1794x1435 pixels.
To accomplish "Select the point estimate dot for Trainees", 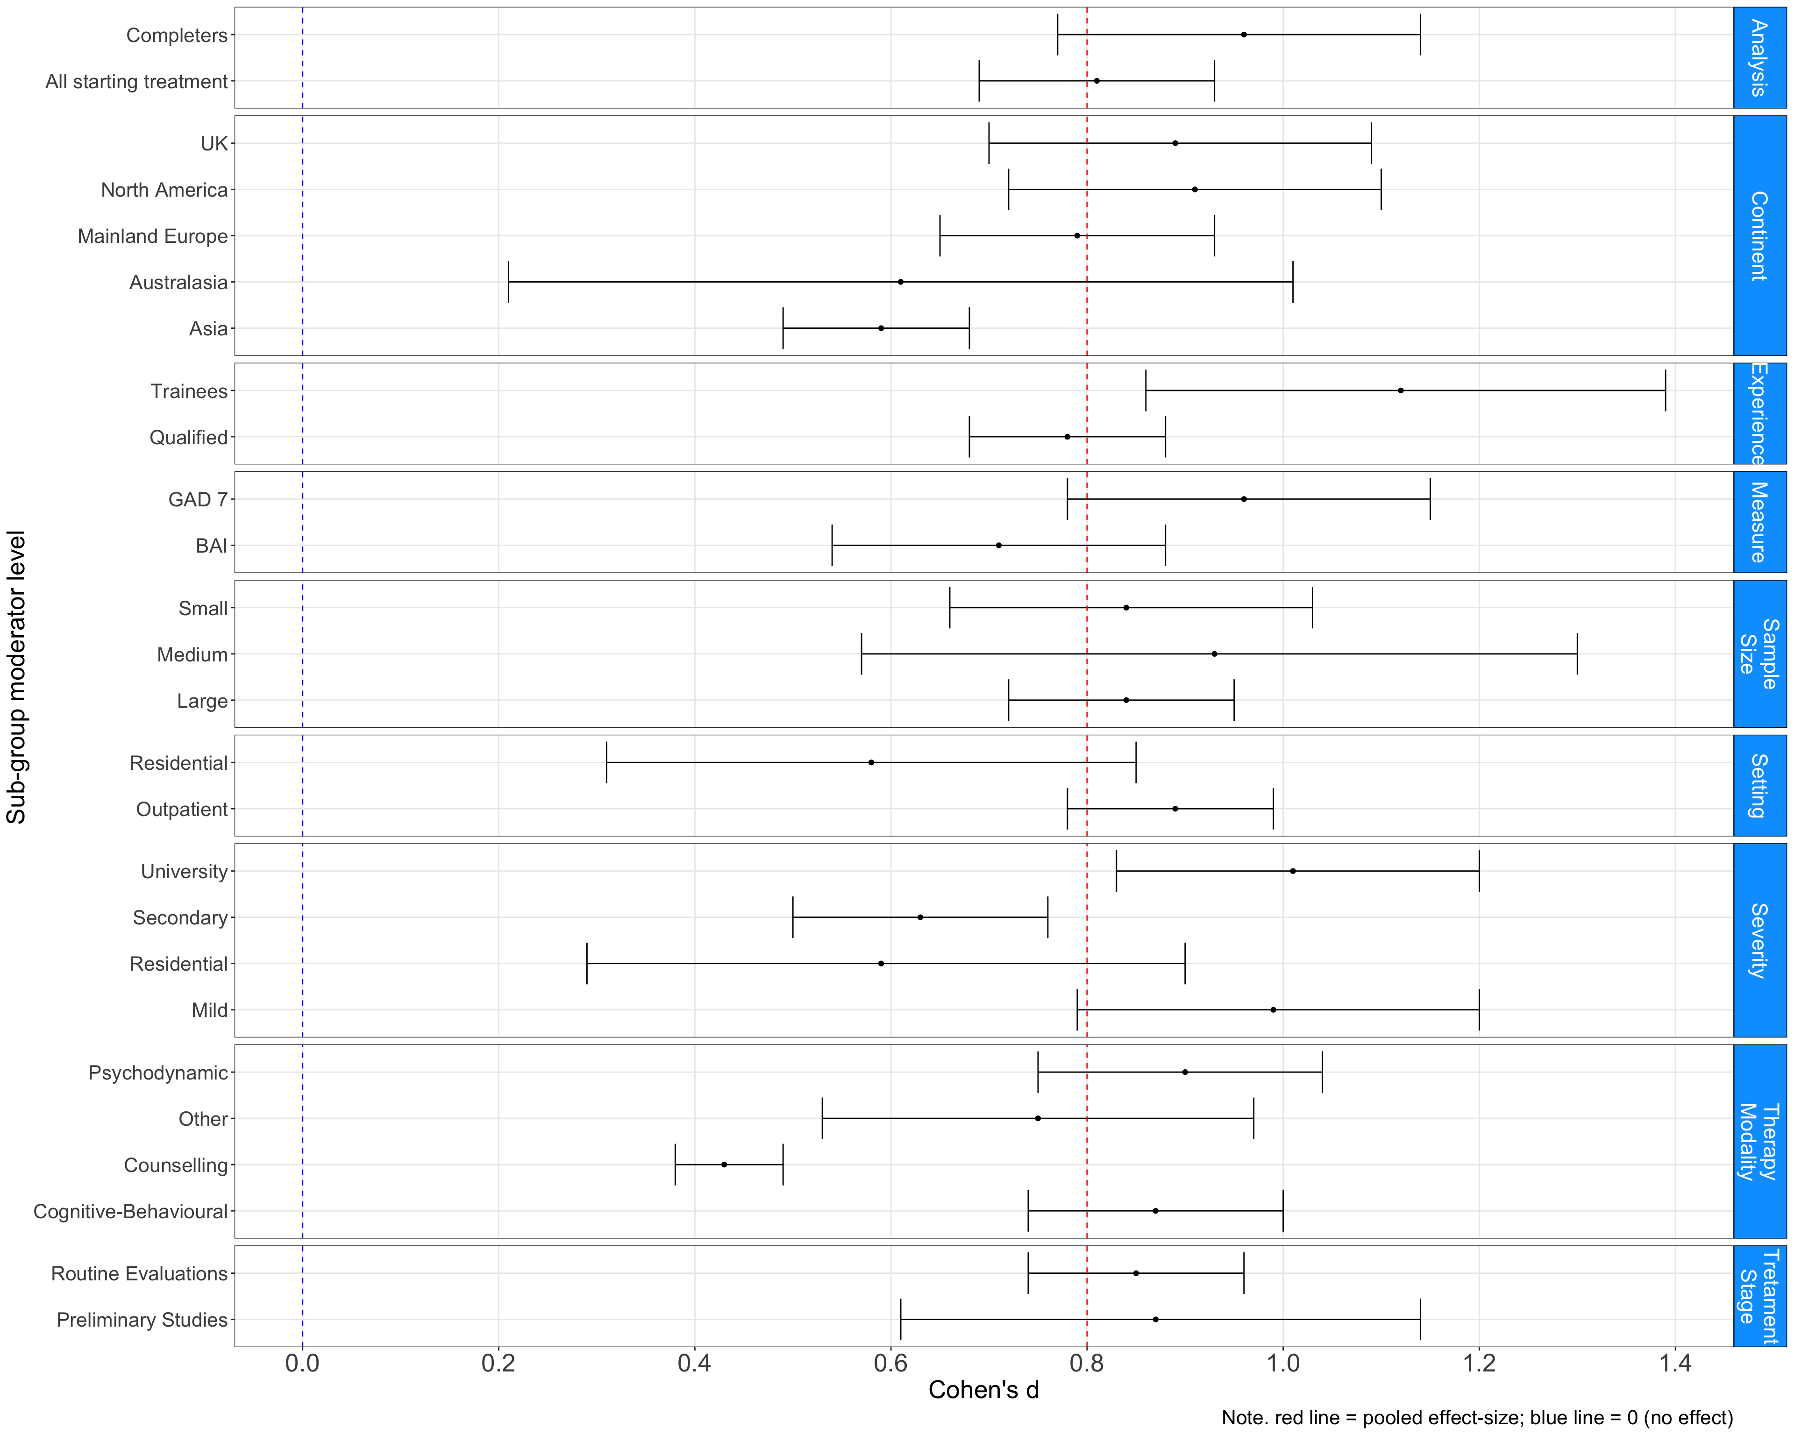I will (1401, 390).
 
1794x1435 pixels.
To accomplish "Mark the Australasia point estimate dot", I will (900, 282).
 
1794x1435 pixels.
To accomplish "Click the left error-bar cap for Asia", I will (783, 328).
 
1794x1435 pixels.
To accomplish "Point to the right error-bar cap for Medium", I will (1577, 654).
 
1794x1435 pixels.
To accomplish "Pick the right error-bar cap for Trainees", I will (1665, 390).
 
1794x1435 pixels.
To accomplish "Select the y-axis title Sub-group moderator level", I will (17, 677).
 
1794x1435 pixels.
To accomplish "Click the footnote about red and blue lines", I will (1477, 1418).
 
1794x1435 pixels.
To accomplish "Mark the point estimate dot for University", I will (1292, 871).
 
